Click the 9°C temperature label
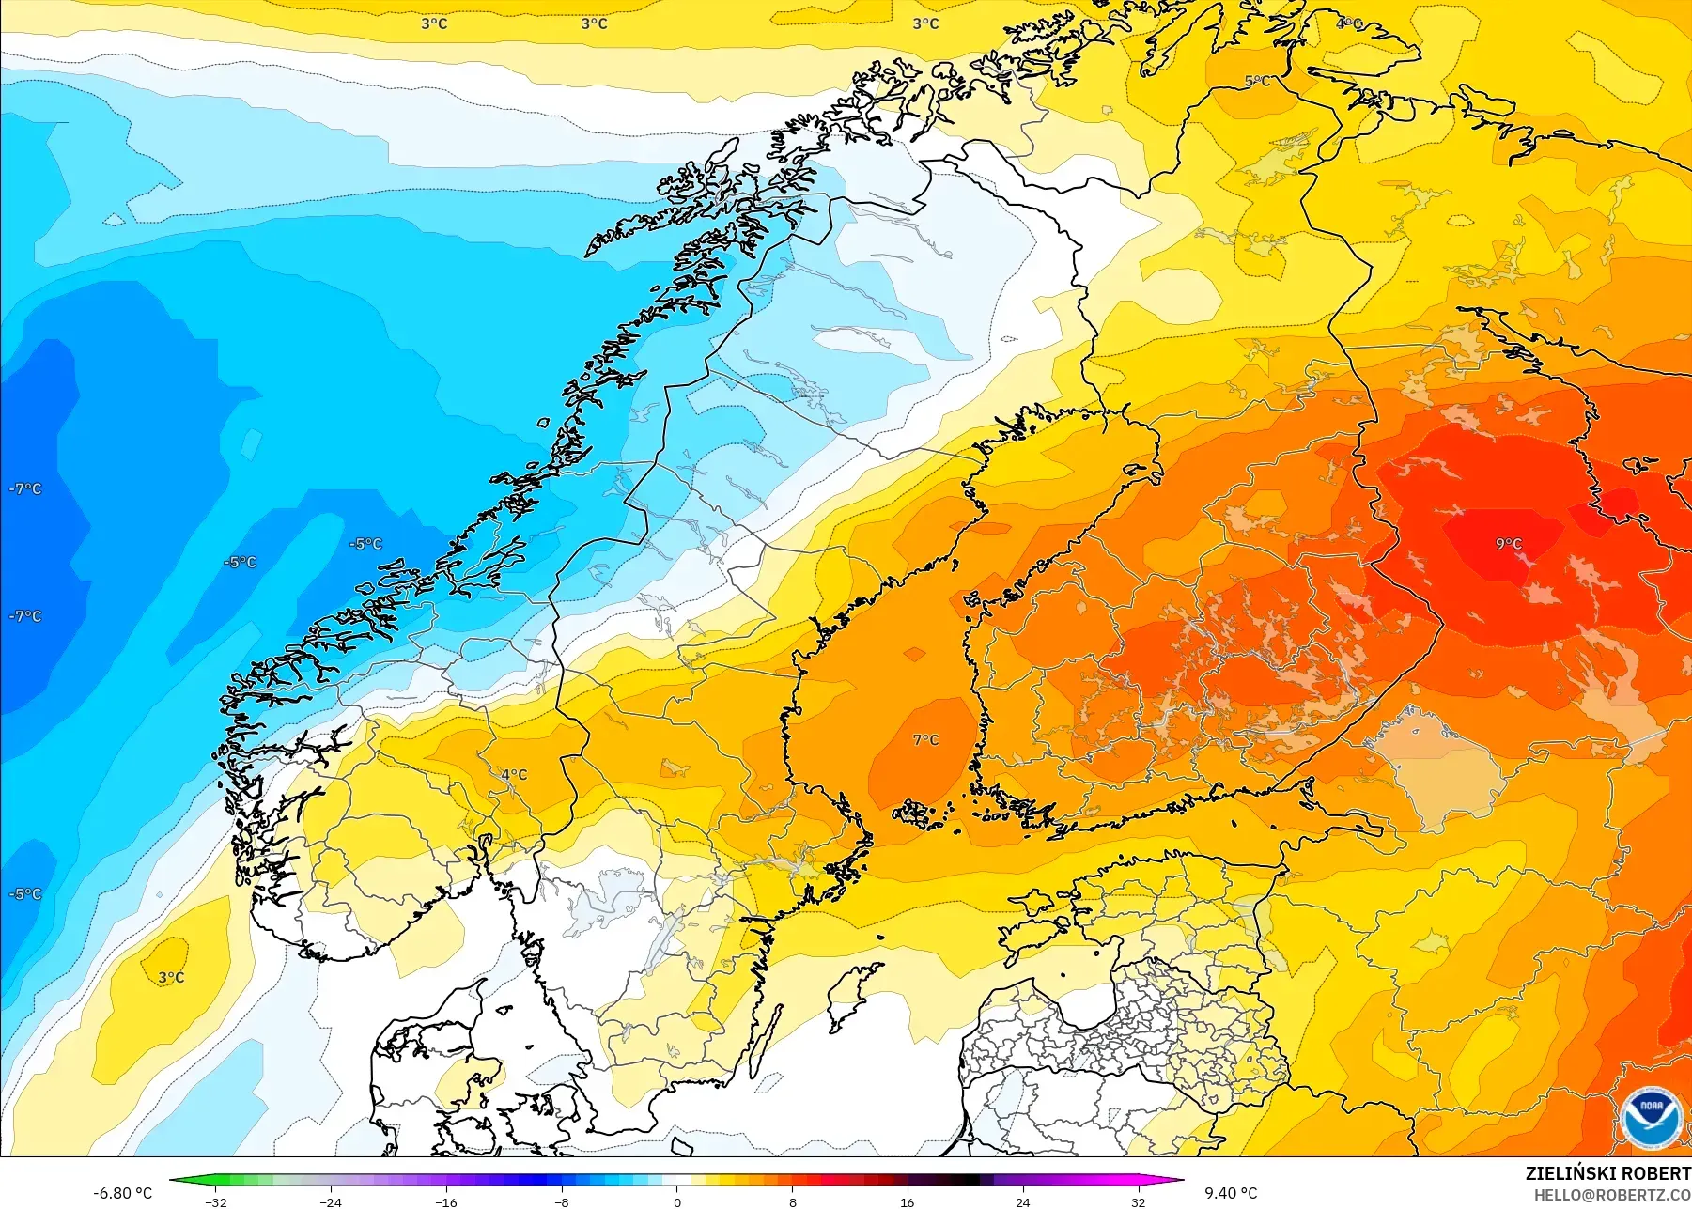[1508, 544]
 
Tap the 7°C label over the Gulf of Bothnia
[925, 740]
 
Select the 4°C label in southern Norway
[514, 775]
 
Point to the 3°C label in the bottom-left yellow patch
[171, 978]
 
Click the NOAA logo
[1651, 1118]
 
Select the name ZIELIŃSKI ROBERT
[1607, 1173]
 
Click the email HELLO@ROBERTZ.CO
[1612, 1195]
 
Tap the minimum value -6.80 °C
[122, 1193]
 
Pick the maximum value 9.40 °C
[1231, 1193]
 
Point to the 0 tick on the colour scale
[677, 1202]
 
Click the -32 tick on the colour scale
[216, 1202]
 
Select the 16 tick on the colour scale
[908, 1202]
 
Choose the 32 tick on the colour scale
[1138, 1202]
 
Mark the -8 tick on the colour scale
[562, 1202]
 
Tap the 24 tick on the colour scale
[1023, 1202]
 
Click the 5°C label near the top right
[1257, 82]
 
